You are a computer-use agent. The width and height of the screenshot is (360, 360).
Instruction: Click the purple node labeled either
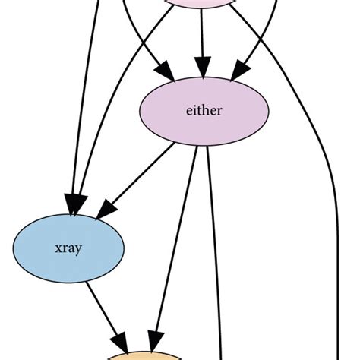(x=202, y=110)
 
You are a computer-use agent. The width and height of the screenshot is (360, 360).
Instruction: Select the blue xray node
(x=69, y=248)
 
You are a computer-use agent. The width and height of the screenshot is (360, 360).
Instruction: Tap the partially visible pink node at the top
(x=201, y=4)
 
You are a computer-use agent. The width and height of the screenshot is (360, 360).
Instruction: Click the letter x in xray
(x=58, y=248)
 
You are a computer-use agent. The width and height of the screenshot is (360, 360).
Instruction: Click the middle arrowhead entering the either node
(x=201, y=67)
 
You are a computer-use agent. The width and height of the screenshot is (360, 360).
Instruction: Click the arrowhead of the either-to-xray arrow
(x=102, y=207)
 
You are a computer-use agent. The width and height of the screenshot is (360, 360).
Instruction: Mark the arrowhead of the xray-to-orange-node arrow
(x=122, y=339)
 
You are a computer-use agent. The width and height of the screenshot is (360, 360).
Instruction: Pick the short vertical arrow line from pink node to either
(x=201, y=38)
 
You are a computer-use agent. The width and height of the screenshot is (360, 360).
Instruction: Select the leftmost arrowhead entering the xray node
(x=73, y=201)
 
